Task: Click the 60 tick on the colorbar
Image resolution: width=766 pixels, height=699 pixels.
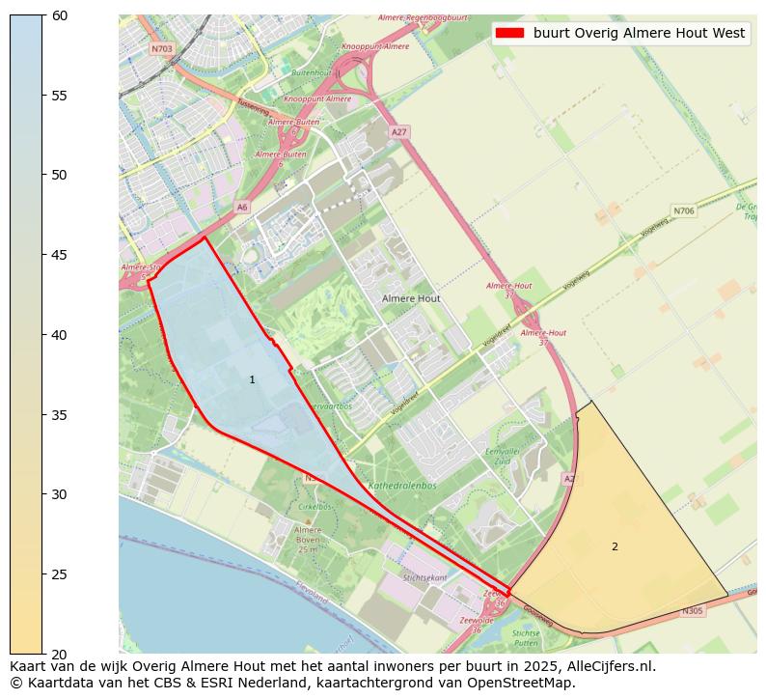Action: pyautogui.click(x=44, y=15)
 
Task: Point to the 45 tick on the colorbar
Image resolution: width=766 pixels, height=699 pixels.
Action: pyautogui.click(x=44, y=255)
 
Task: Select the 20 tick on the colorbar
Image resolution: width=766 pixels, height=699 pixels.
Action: pyautogui.click(x=44, y=654)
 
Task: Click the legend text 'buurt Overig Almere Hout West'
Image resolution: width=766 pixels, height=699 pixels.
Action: pyautogui.click(x=639, y=33)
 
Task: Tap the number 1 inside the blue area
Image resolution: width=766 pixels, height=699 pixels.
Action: pyautogui.click(x=253, y=380)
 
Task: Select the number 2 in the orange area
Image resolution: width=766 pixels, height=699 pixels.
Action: pyautogui.click(x=615, y=546)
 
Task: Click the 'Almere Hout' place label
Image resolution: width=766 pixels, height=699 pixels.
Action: pyautogui.click(x=411, y=299)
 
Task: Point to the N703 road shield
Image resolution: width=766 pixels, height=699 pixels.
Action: pyautogui.click(x=160, y=48)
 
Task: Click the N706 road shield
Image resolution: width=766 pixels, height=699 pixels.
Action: pyautogui.click(x=683, y=210)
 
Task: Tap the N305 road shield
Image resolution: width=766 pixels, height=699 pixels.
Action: pyautogui.click(x=692, y=611)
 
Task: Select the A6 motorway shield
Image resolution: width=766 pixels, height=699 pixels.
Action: pyautogui.click(x=242, y=207)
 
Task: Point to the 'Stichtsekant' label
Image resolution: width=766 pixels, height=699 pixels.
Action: pyautogui.click(x=425, y=576)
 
